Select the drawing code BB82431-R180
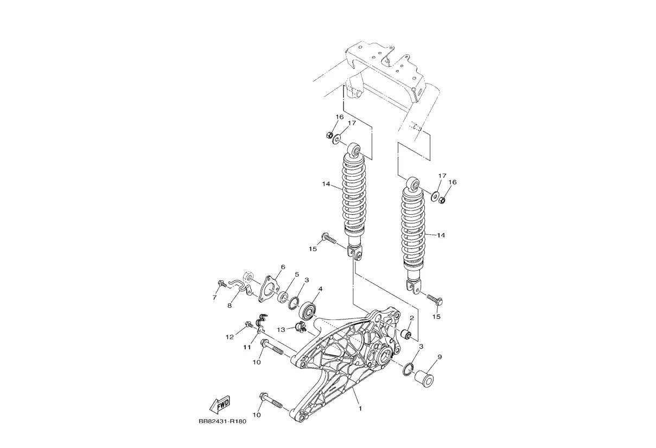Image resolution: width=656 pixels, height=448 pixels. (x=222, y=421)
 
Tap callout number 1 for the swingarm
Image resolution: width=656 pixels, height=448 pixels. (x=360, y=408)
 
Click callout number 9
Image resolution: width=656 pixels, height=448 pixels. (x=440, y=357)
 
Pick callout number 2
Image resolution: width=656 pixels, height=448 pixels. (x=411, y=318)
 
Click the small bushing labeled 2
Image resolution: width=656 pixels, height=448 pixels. (x=406, y=334)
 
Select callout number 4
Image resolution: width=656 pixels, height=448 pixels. (x=320, y=289)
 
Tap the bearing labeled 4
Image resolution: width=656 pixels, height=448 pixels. (x=307, y=311)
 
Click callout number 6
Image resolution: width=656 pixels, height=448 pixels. (x=283, y=267)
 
